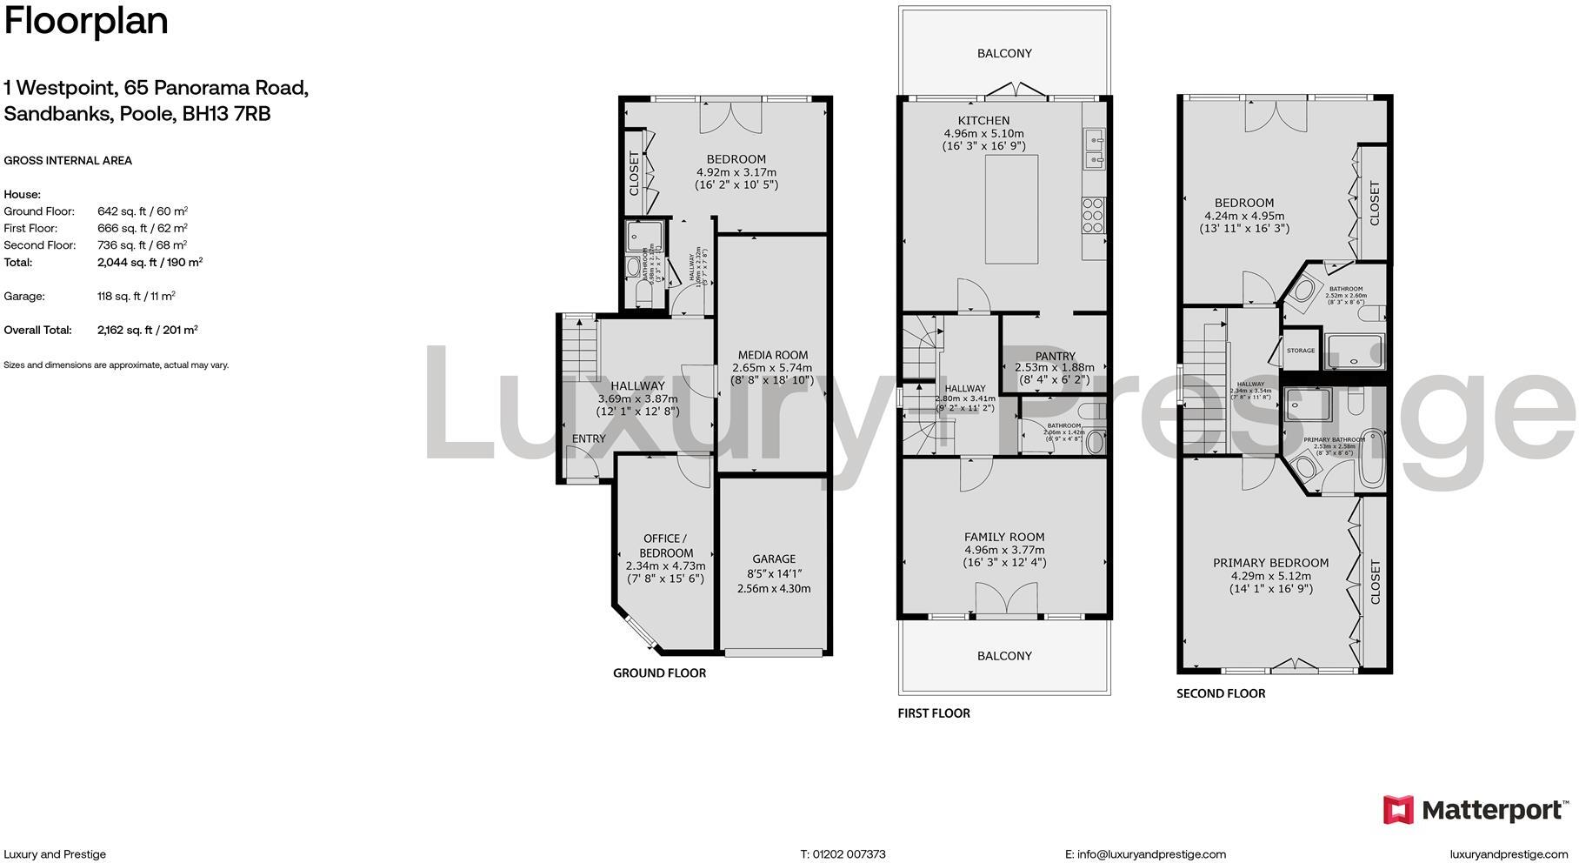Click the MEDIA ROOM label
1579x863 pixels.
tap(772, 355)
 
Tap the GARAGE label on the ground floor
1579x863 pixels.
tap(773, 559)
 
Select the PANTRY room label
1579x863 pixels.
tap(1055, 356)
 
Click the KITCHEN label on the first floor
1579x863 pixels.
tap(983, 121)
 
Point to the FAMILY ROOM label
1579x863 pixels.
tap(1004, 538)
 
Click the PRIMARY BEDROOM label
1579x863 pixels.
tap(1270, 563)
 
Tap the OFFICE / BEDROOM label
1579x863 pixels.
tap(666, 545)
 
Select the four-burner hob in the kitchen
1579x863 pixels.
tap(1092, 215)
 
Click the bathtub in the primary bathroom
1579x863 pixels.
tap(1372, 458)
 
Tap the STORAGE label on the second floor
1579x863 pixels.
tap(1300, 351)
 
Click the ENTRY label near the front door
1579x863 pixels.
tap(589, 439)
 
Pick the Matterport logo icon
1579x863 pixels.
tap(1398, 810)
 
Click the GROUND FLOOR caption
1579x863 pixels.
tap(659, 672)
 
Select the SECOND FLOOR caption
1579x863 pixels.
tap(1220, 693)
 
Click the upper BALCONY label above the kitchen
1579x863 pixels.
tap(1004, 53)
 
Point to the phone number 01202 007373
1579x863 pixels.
tap(849, 854)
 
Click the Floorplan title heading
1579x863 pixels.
tap(86, 21)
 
